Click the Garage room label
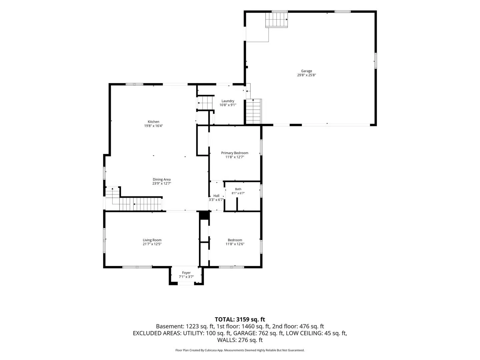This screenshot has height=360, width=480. point(306,71)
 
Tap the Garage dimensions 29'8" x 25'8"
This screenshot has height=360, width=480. point(306,75)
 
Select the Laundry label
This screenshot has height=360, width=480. point(228,101)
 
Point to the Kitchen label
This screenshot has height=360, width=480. point(153,122)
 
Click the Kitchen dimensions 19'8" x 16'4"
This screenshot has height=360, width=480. point(153,126)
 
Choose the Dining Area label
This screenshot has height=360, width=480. point(162,179)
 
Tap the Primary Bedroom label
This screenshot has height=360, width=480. point(235,153)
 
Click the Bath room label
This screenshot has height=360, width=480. point(238,189)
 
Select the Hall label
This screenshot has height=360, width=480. point(216,196)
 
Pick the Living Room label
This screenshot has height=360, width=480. point(152,240)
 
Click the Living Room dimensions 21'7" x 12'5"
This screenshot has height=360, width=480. point(152,244)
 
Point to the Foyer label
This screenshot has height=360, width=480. point(186,273)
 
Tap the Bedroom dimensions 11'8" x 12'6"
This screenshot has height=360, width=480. point(235,244)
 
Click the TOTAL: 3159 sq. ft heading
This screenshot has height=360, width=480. point(240,320)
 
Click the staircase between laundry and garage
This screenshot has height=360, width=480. point(254,111)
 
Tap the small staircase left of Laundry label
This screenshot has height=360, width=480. point(205,103)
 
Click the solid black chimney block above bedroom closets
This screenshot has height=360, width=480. point(204,215)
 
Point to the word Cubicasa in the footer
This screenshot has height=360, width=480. point(211,350)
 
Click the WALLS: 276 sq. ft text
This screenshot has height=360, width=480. point(240,340)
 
